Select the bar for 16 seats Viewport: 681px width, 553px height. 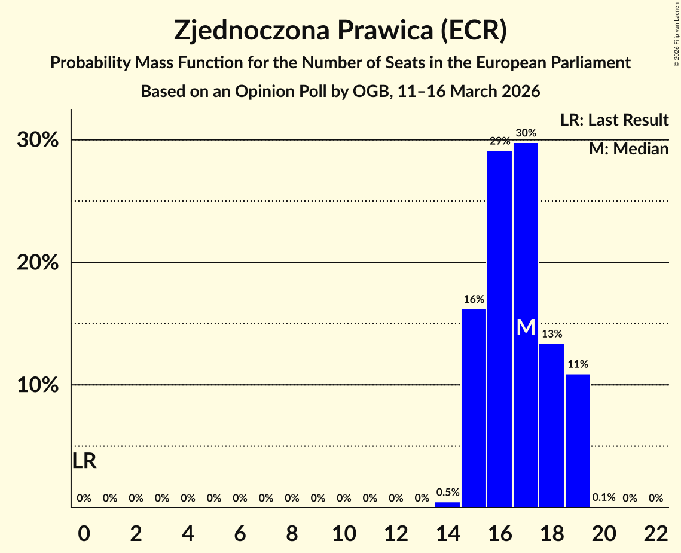(x=499, y=329)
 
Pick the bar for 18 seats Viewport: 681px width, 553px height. (x=551, y=426)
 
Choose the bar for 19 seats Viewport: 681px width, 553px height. (x=578, y=440)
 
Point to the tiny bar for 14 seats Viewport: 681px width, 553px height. (x=447, y=505)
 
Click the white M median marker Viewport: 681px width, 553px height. (x=526, y=327)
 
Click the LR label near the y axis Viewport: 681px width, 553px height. (x=84, y=461)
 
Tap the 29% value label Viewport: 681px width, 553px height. (x=499, y=141)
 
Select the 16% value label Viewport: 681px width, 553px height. (x=474, y=299)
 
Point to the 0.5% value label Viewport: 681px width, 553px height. (x=447, y=493)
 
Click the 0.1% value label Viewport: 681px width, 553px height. (x=604, y=498)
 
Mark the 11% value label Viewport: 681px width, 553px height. (x=578, y=364)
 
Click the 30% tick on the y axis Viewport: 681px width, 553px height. (x=41, y=141)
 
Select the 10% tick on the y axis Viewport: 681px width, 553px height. (x=41, y=385)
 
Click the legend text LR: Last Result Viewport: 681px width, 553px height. (x=614, y=120)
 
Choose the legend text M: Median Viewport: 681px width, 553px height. (x=628, y=149)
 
